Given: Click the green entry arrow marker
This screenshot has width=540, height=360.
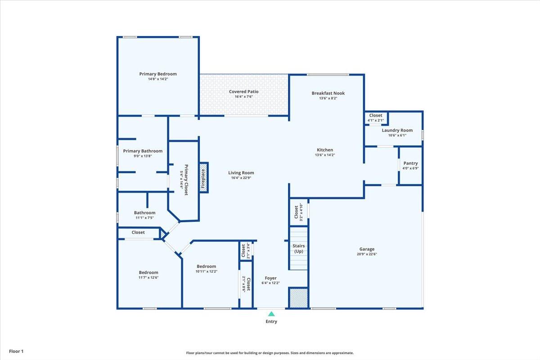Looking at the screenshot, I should coord(271,314).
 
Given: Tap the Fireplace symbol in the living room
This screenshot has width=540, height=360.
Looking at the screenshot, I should coord(203,178).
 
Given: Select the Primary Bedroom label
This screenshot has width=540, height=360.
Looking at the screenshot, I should coord(158,74).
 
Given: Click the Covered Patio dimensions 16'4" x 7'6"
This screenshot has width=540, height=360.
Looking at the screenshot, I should coord(243,97).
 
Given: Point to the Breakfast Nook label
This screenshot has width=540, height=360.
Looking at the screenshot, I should coord(328,93).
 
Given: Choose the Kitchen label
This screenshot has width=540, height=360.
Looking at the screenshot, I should coord(324,150).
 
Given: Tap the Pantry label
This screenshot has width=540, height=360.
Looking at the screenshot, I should coord(410,163).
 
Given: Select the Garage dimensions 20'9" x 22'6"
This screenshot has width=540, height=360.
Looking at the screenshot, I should coord(367,254).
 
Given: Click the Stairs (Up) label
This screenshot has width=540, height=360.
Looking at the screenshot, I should coord(298,248).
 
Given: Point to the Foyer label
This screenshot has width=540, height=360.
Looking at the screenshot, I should coord(270,278).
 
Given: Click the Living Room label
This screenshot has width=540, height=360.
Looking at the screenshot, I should coord(241,173).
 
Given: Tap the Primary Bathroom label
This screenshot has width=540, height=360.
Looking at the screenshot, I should coord(143,151).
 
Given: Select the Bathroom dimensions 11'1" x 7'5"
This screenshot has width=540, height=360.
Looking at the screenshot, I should coord(144,218).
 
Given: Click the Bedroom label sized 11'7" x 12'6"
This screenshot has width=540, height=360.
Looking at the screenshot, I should coord(148,272).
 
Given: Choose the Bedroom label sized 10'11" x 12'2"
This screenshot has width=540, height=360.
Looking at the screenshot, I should coord(206,266).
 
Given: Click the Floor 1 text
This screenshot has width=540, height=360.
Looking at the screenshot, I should coord(16,351).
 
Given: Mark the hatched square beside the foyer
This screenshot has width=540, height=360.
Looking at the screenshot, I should coord(298,298).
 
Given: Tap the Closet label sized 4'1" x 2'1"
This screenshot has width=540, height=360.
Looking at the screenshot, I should coord(375,116).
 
